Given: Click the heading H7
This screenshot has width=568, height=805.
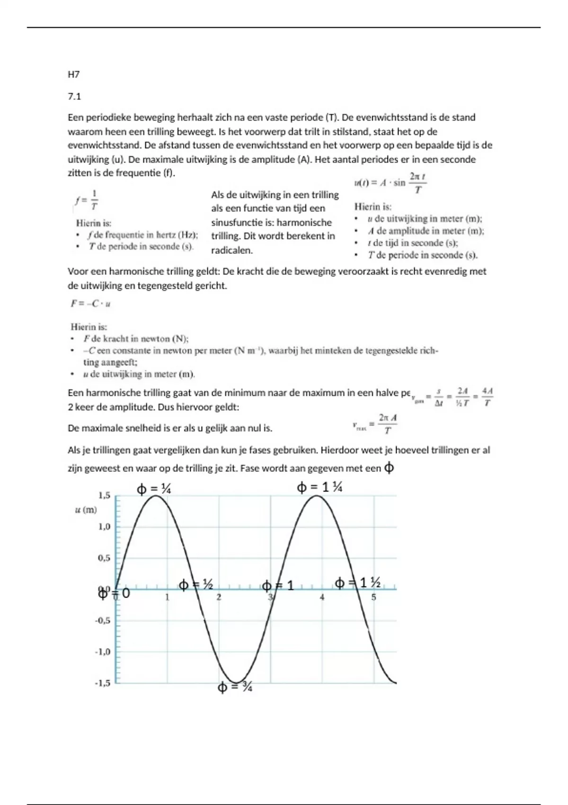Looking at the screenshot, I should coord(73,74).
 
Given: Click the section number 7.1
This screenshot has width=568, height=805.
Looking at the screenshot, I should coord(74,97).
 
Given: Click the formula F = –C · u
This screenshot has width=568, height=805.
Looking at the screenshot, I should coord(90,304).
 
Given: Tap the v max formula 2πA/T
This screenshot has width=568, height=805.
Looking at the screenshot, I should coord(375,424).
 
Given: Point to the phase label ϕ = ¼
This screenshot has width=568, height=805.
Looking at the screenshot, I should coord(154,488).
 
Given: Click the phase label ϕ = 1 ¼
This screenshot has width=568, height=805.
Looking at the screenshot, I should coord(319,487).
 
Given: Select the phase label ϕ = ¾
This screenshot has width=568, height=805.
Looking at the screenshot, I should coord(235,687).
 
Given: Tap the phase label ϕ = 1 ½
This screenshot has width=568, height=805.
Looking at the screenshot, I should coord(358,583).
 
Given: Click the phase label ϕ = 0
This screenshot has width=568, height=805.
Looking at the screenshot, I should coord(114,593).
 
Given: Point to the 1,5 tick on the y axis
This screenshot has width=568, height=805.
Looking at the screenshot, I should coord(104,495).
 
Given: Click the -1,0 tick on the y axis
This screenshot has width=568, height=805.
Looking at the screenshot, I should coord(103,652).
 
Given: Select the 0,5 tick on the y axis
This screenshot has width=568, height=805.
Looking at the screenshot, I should coord(104,558).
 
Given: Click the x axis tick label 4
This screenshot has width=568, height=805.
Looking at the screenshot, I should coord(322,598).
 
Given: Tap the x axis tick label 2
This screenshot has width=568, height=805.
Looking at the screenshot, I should coord(219,598).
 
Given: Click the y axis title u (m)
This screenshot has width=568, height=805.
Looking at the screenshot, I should coord(86,510).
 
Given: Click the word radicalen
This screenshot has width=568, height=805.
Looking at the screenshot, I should coord(232,250).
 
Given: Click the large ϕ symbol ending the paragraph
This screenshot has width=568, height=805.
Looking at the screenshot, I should coord(389,468).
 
